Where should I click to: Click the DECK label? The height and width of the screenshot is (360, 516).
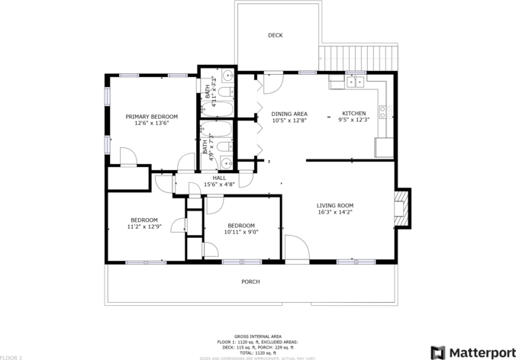275,35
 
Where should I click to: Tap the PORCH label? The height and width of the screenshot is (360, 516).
250,281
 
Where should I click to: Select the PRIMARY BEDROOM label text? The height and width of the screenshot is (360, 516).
151,116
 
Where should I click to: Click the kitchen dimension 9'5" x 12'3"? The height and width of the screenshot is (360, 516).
353,120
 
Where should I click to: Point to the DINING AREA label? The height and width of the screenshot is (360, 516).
289,114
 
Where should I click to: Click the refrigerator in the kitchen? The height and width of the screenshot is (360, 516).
383,147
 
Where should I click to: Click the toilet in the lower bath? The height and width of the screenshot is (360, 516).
224,146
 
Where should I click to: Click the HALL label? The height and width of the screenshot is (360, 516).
219,178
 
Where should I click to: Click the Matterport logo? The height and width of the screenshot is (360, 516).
471,352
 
